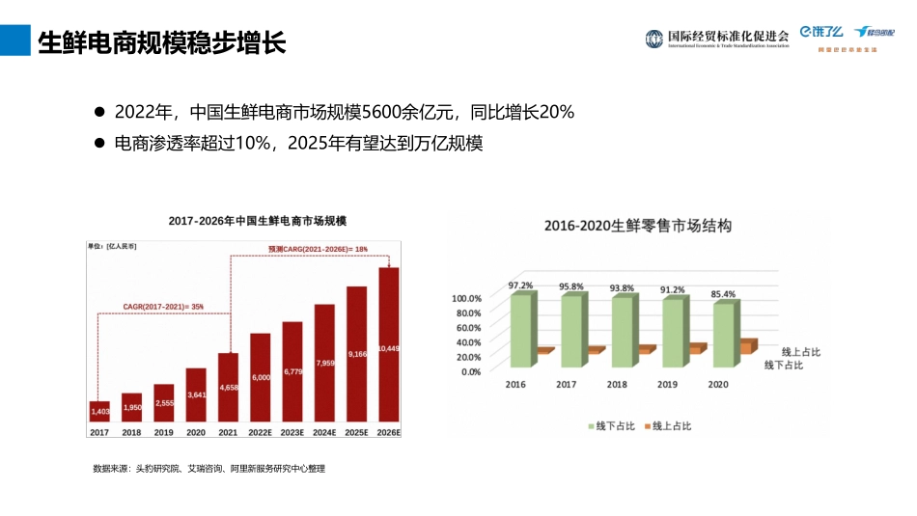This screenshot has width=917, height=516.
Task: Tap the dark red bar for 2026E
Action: pos(388,347)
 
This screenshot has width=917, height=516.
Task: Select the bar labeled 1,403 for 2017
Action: pos(100,412)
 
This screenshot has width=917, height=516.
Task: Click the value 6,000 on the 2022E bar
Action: pos(261,377)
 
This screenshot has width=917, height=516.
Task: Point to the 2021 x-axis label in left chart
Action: pos(228,433)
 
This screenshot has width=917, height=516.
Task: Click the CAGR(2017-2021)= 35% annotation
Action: pos(163,307)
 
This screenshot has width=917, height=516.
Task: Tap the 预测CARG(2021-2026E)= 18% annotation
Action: pos(319,249)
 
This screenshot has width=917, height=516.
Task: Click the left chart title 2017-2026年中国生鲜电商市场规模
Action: pos(257,221)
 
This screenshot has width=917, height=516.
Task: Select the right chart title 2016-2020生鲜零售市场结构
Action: pos(637,226)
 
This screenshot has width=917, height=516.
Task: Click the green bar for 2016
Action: pos(520,330)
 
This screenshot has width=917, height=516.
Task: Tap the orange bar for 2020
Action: pos(746,346)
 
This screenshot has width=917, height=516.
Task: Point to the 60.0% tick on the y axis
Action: pos(467,328)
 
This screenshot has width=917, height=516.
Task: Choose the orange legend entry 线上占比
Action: pos(667,425)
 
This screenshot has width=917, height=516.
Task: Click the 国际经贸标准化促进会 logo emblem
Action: pos(655,38)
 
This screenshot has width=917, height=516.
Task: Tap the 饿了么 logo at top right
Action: pos(821,33)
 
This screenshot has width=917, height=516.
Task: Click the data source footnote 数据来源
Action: pos(208,469)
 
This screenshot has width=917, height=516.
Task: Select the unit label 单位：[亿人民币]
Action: pos(113,247)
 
